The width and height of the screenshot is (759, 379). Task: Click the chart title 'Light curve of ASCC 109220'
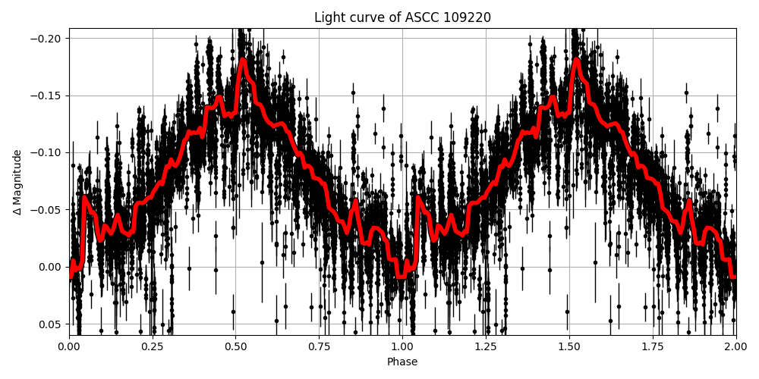[402, 17]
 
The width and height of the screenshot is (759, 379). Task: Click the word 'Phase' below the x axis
[402, 362]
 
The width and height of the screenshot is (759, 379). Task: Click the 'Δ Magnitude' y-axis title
[17, 182]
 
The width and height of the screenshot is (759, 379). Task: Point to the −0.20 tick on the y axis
[48, 39]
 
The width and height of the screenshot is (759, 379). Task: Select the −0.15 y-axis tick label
[48, 96]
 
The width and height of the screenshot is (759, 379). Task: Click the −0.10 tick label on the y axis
[48, 152]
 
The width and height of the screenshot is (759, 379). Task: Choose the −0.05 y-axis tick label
[48, 209]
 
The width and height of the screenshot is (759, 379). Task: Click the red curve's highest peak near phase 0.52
[243, 60]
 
